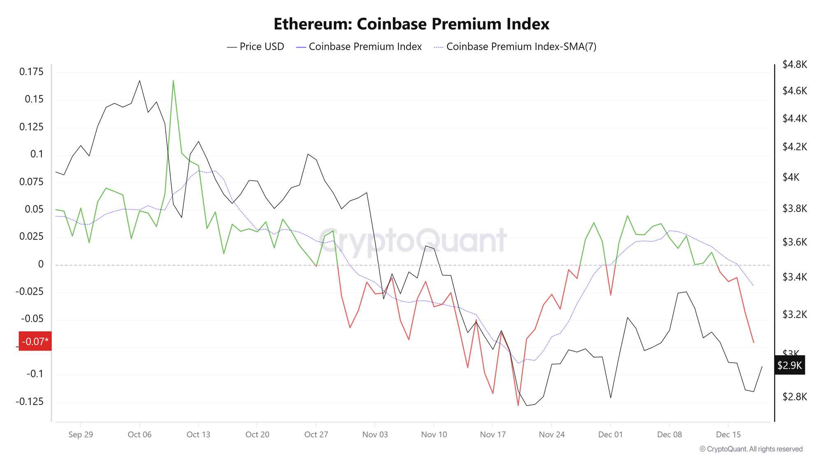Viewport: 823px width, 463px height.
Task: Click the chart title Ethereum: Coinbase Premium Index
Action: click(411, 24)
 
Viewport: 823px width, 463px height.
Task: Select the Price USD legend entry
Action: click(256, 47)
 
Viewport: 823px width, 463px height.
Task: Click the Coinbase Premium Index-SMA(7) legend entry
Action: click(515, 47)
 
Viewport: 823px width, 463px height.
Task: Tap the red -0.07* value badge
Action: click(35, 341)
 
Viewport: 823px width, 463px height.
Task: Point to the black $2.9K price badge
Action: click(789, 365)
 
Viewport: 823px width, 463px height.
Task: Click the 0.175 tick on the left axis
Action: click(31, 72)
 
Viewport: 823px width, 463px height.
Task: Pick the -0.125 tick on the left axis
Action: click(29, 401)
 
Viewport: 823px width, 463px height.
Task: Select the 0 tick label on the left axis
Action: click(41, 264)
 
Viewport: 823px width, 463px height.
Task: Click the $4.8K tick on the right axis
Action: click(795, 65)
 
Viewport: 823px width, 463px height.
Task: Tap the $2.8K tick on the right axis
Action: click(795, 397)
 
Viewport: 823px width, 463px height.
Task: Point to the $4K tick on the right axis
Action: click(790, 177)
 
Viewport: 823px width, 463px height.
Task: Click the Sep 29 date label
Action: click(81, 435)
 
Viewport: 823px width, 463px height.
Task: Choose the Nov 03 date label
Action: click(375, 435)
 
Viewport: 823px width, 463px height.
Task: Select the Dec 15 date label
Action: click(728, 435)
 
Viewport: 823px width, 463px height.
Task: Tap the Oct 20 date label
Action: click(257, 435)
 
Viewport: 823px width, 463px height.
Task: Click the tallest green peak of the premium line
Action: click(173, 81)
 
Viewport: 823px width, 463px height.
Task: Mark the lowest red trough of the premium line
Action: click(518, 406)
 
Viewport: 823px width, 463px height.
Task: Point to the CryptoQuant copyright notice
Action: click(751, 449)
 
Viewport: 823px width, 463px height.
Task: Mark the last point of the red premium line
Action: click(753, 342)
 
